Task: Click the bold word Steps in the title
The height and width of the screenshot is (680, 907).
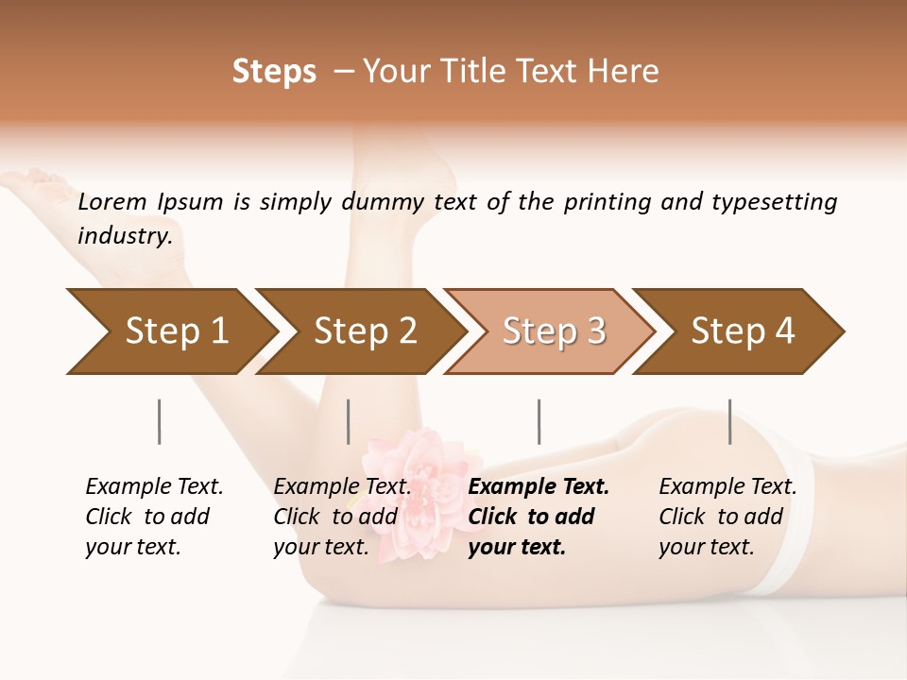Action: coord(274,72)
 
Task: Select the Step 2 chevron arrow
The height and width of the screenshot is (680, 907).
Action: coord(364,331)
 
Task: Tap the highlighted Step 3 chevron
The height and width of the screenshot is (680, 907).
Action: coord(553,331)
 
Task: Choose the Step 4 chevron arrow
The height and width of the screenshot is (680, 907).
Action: coord(742,331)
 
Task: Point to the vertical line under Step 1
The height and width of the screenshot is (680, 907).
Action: coord(160,421)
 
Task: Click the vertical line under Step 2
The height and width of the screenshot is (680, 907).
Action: coord(349,421)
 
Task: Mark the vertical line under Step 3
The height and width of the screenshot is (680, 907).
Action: coord(539,421)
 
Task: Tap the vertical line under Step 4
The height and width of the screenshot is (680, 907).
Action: coord(730,421)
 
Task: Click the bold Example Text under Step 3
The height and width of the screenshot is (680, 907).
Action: coord(539,487)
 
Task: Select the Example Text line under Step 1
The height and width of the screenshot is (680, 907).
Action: coord(154,487)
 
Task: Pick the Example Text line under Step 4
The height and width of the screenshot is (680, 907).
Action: coord(727,487)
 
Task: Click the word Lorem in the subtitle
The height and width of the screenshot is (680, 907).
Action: coord(112,202)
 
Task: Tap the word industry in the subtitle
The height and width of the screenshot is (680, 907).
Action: coord(125,236)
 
